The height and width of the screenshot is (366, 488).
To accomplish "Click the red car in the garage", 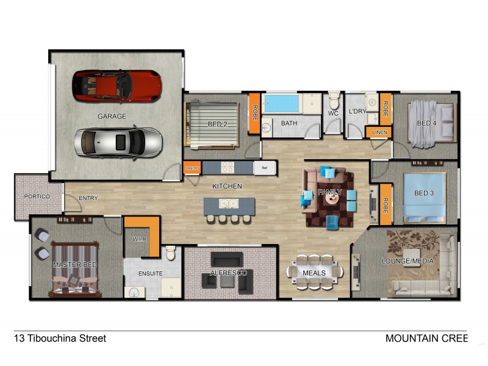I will pyautogui.click(x=117, y=86).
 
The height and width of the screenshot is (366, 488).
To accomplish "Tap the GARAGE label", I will pyautogui.click(x=112, y=116).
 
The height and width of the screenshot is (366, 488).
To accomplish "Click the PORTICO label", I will pyautogui.click(x=37, y=197).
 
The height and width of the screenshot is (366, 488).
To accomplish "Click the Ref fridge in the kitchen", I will pyautogui.click(x=265, y=168).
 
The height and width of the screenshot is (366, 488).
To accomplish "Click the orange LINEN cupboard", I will pyautogui.click(x=378, y=132).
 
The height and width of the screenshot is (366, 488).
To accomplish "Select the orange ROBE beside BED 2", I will pyautogui.click(x=254, y=113).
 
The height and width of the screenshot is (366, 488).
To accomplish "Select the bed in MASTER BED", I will pyautogui.click(x=75, y=268).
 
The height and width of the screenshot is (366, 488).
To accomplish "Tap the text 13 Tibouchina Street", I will pyautogui.click(x=60, y=338).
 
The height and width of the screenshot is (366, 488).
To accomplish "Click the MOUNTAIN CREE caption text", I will pyautogui.click(x=426, y=338).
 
